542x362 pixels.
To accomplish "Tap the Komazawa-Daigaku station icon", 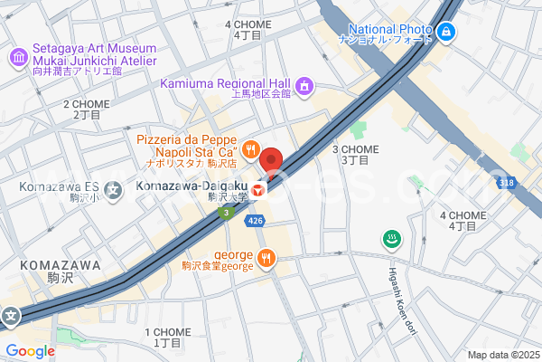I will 259,190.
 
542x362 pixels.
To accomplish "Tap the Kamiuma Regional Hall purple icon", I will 305,86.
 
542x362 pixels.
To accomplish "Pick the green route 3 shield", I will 226,213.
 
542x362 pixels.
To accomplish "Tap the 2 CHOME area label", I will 86,110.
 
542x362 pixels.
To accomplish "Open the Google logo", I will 30,350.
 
